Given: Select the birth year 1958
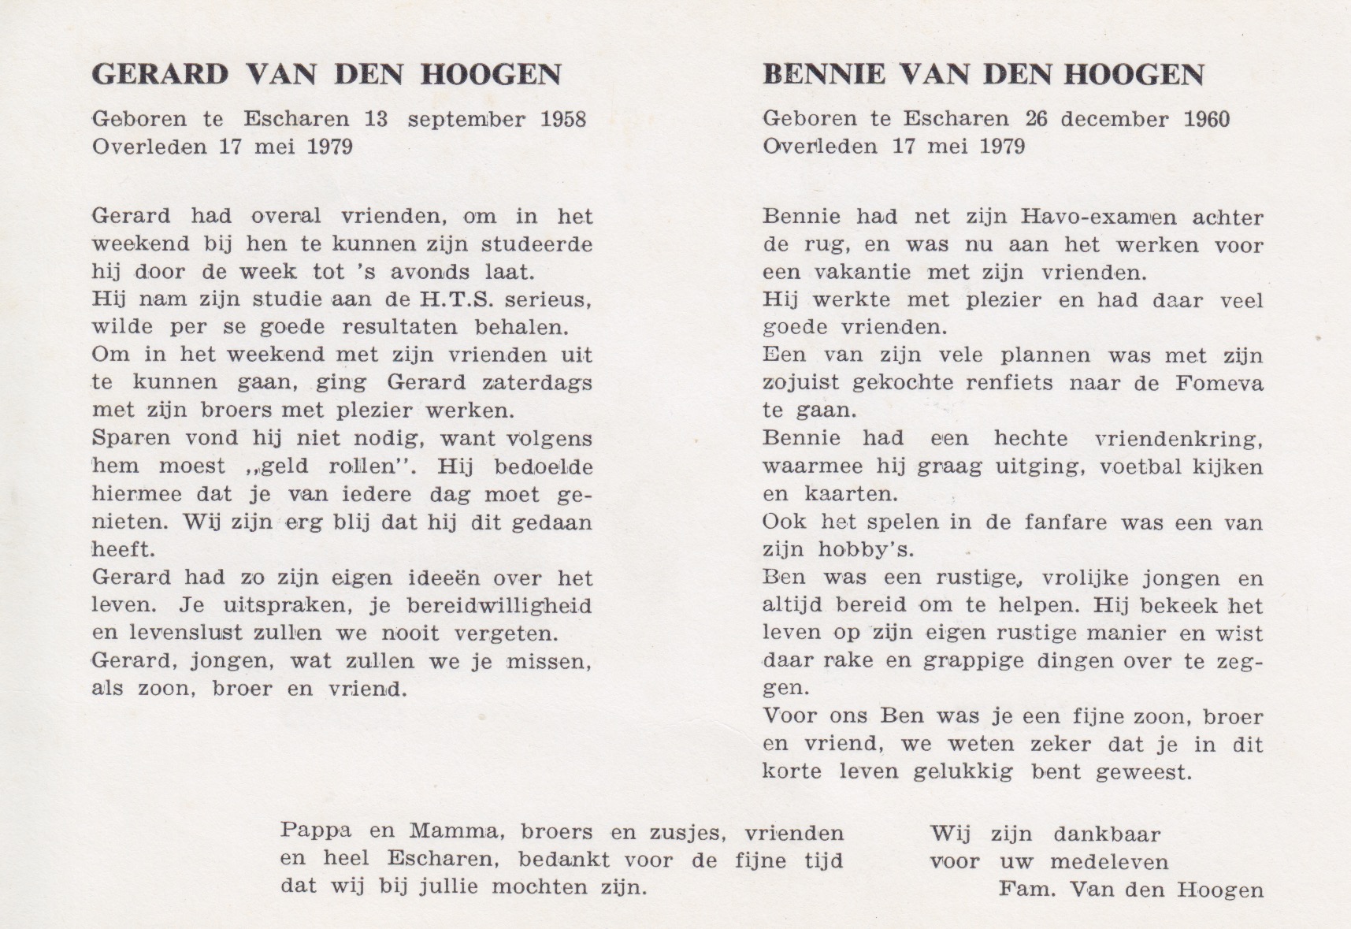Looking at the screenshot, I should point(563,119).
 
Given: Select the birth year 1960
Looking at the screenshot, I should point(1206,119).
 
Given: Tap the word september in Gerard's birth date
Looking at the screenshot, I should point(466,119).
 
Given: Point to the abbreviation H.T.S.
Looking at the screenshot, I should point(458,299).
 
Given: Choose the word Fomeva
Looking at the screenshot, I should point(1219,383).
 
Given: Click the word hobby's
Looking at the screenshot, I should point(867,550).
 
